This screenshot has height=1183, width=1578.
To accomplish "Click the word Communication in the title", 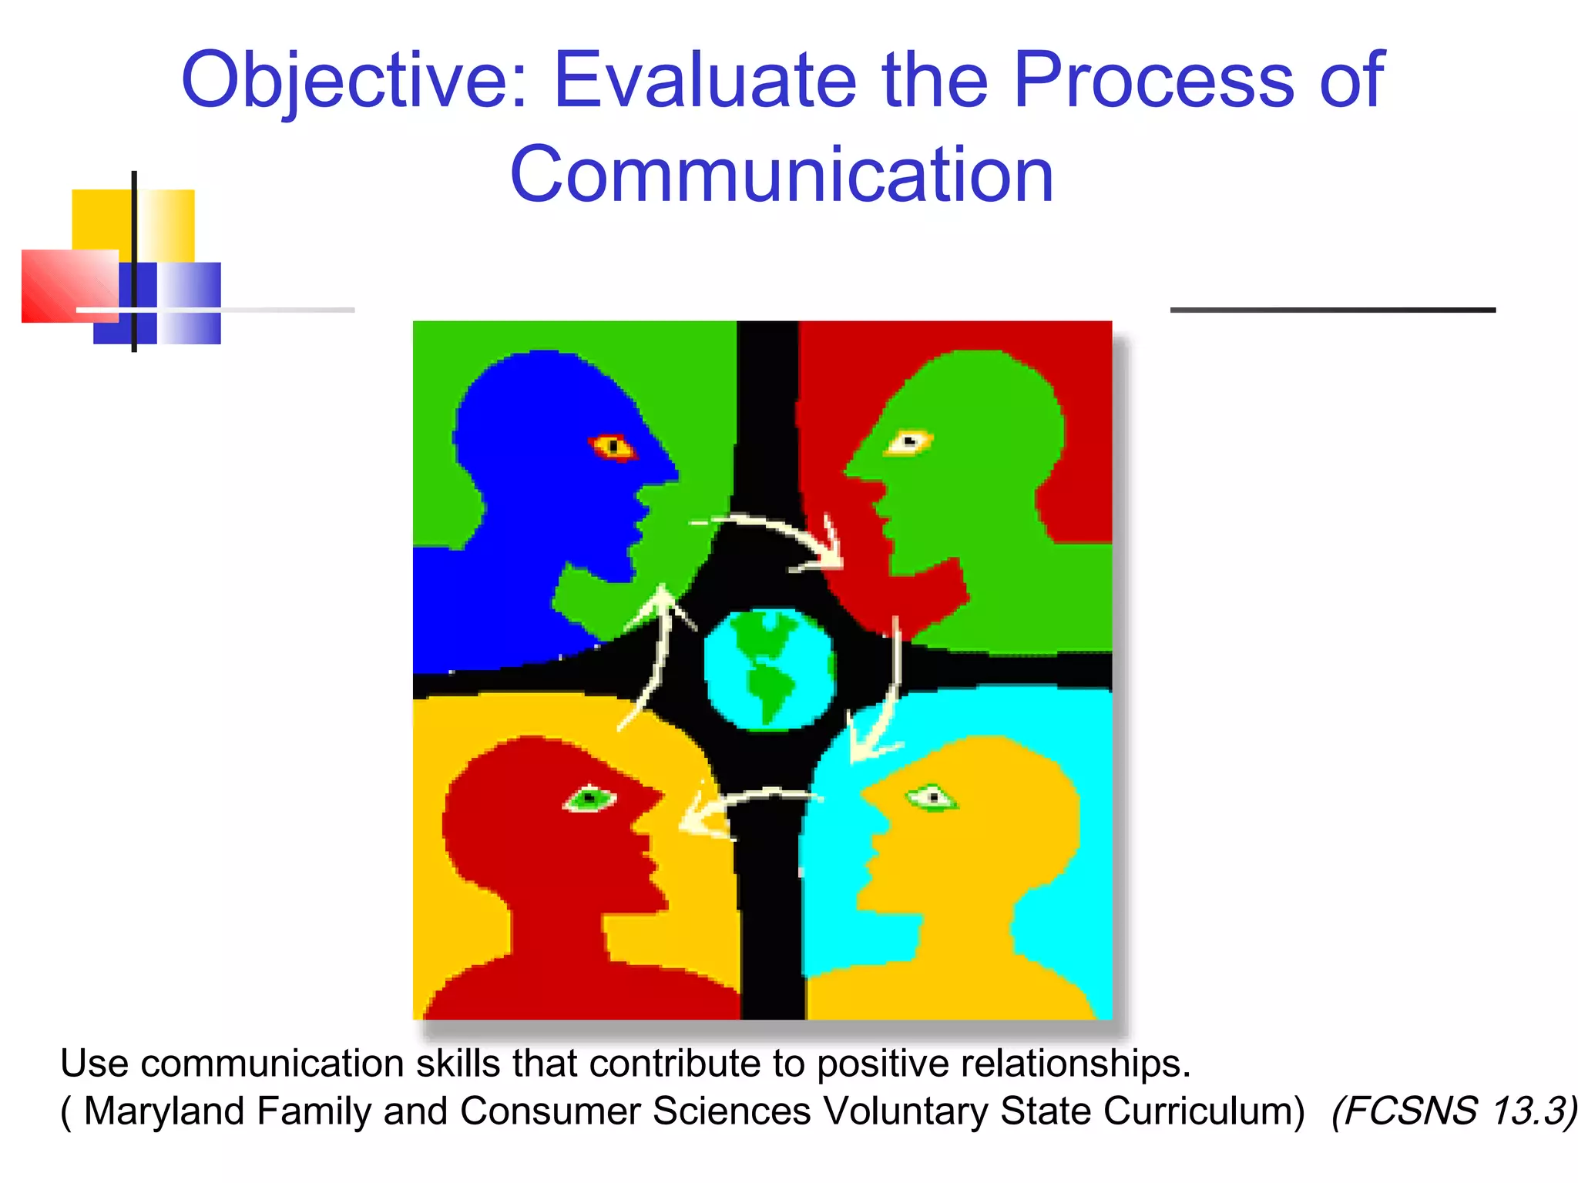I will point(781,176).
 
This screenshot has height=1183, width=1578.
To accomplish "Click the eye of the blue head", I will point(613,446).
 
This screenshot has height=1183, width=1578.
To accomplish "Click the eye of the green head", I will point(909,441).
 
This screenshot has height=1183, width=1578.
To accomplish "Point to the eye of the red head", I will point(590,798).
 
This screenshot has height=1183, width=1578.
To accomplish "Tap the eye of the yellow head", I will point(933,797).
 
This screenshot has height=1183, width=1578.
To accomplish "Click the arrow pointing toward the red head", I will point(740,805).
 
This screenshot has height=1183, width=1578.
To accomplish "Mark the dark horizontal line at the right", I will point(1332,310).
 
